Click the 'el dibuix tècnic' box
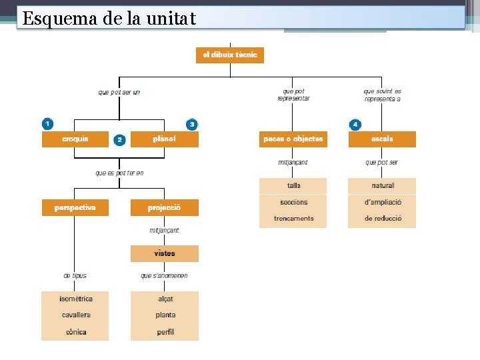pyautogui.click(x=230, y=55)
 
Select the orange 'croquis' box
pyautogui.click(x=75, y=139)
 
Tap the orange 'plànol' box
pyautogui.click(x=164, y=139)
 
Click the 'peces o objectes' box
pyautogui.click(x=293, y=139)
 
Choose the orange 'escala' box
pyautogui.click(x=382, y=139)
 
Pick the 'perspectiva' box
pyautogui.click(x=75, y=208)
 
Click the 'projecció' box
pyautogui.click(x=164, y=208)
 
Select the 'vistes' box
pyautogui.click(x=164, y=254)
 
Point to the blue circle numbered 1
pyautogui.click(x=47, y=124)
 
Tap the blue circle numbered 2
pyautogui.click(x=119, y=139)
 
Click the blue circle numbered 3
pyautogui.click(x=192, y=124)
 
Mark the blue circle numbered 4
pyautogui.click(x=355, y=124)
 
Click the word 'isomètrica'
pyautogui.click(x=75, y=299)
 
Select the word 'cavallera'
pyautogui.click(x=75, y=315)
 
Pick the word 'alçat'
pyautogui.click(x=165, y=299)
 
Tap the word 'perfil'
pyautogui.click(x=165, y=332)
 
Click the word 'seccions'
pyautogui.click(x=293, y=202)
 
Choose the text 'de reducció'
pyautogui.click(x=383, y=219)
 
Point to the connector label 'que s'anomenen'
pyautogui.click(x=164, y=275)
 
